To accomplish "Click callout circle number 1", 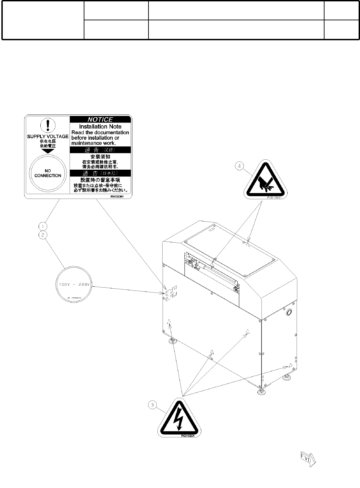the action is tap(43, 226).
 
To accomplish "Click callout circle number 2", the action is tap(43, 235).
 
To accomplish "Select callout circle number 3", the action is tap(153, 405).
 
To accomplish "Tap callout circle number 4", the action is tap(240, 166).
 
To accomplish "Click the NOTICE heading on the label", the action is tap(100, 119).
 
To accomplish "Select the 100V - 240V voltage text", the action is tap(74, 284).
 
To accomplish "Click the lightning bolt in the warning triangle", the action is tap(178, 418).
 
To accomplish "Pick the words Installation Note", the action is tap(100, 127).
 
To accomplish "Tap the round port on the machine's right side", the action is tap(288, 312).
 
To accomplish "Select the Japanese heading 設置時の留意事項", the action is tap(100, 180).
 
